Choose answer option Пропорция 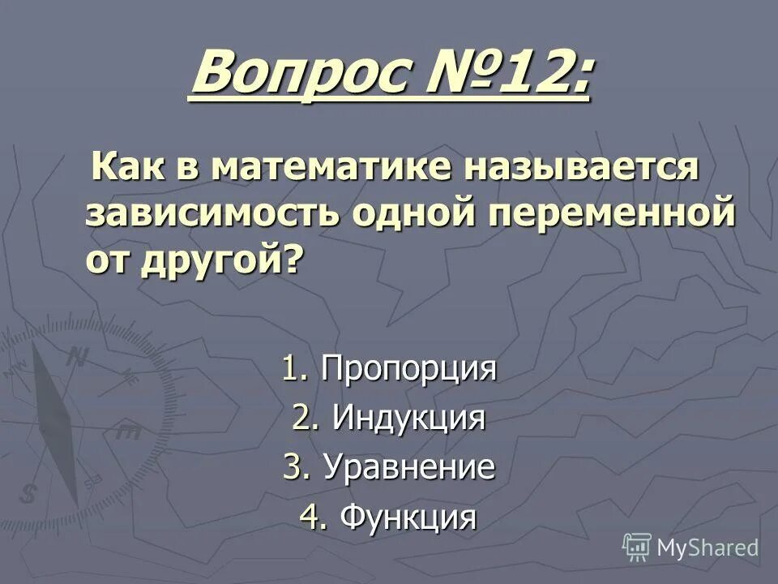point(408,370)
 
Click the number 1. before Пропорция point(293,370)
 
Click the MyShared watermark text point(707,547)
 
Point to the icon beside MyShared point(637,546)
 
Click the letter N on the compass point(77,356)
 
